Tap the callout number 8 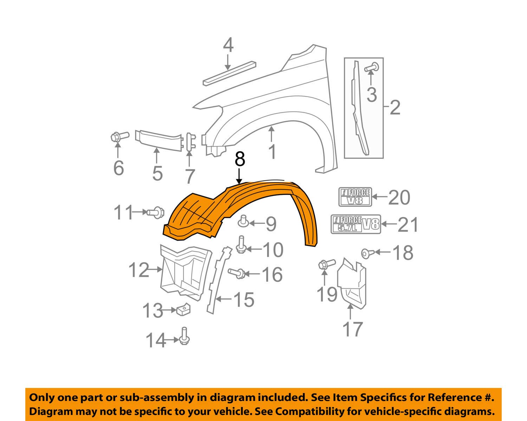pos(240,159)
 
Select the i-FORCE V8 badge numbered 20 pos(355,197)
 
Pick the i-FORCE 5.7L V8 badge pos(356,224)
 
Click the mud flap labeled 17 pos(352,284)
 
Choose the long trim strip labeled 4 pos(229,74)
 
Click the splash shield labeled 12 pos(186,272)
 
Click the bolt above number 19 pos(326,264)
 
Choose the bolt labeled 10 pos(241,244)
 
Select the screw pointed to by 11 pos(156,212)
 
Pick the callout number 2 pos(395,107)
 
